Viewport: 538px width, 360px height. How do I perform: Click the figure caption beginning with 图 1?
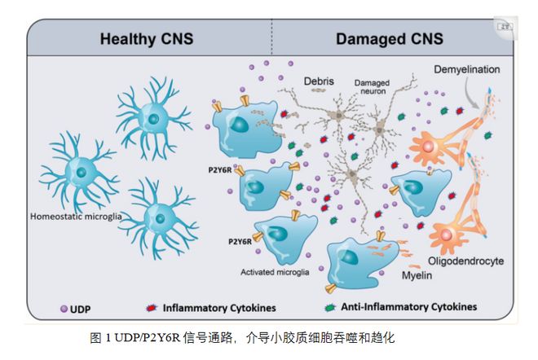(242, 337)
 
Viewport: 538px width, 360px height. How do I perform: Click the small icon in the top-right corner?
(506, 27)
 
